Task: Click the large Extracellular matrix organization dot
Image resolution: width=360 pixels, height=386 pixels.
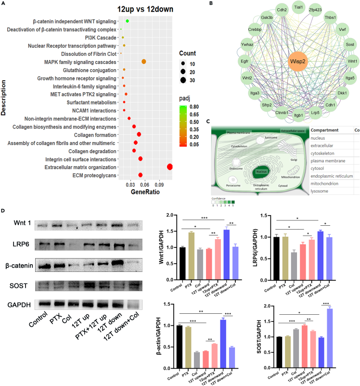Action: (169, 167)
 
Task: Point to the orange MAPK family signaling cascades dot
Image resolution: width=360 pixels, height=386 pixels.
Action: (143, 62)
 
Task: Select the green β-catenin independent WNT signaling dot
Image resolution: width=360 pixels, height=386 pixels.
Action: (127, 21)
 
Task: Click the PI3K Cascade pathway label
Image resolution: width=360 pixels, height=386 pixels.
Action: (103, 38)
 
